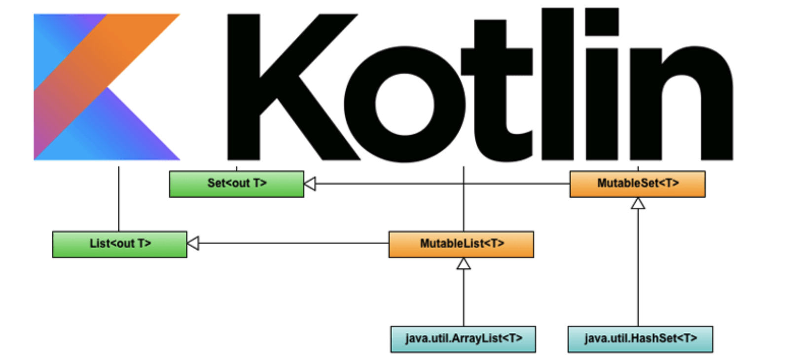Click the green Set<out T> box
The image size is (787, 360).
[236, 184]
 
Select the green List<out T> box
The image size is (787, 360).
[119, 244]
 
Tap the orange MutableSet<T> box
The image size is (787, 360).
[637, 184]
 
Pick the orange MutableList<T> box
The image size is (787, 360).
[461, 244]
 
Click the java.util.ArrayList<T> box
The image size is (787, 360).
[463, 339]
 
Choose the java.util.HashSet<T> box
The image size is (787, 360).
[640, 339]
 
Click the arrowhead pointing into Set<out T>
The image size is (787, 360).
[310, 184]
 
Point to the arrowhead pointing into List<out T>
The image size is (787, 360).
[193, 243]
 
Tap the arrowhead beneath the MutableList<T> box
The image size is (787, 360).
[464, 264]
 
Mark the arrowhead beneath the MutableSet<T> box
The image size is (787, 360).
[638, 203]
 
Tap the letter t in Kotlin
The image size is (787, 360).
[493, 84]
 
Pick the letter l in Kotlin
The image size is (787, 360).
[558, 84]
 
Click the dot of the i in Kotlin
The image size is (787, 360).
[602, 22]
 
